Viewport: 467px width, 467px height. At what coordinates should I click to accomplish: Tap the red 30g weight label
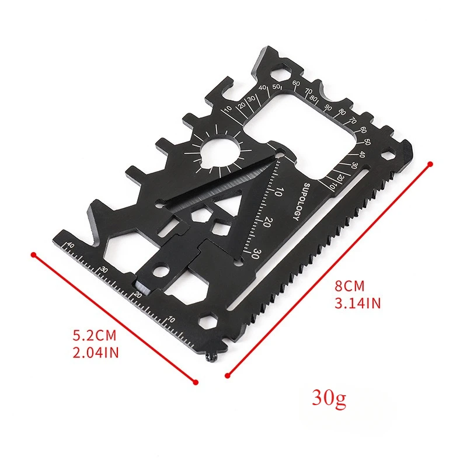coord(329,398)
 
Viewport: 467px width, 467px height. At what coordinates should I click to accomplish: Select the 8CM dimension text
coord(350,286)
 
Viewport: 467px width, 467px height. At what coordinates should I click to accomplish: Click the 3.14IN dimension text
coord(358,304)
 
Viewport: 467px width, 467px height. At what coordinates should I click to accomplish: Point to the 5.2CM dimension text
coord(95,335)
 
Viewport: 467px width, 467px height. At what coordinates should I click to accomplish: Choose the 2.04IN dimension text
coord(96,353)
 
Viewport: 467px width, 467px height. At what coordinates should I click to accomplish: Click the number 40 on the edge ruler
coord(70,245)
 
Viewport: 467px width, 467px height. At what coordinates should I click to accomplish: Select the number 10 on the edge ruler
coord(171,319)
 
